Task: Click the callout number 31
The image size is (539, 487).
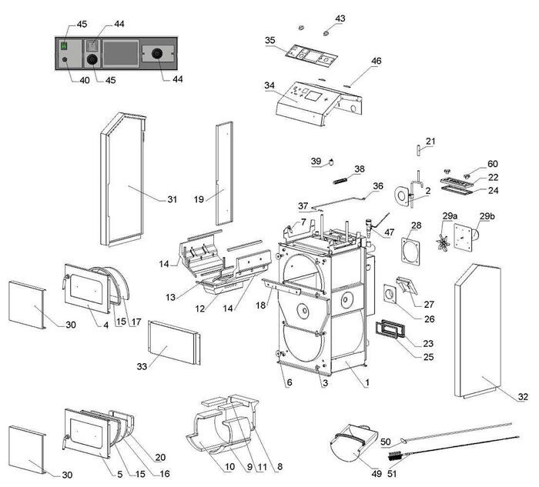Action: (x=172, y=200)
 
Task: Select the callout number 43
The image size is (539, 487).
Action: (x=340, y=18)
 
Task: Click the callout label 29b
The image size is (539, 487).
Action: (x=488, y=216)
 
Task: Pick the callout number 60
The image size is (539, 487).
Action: (x=492, y=163)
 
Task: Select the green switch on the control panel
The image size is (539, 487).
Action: (x=64, y=45)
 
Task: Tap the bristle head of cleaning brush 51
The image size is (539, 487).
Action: (x=394, y=459)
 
